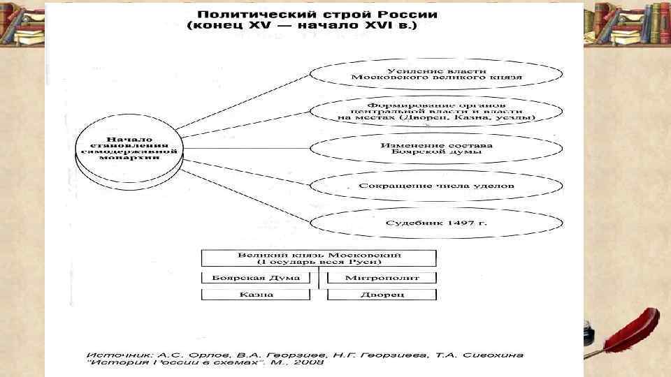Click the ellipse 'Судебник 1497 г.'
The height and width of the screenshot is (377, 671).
click(x=436, y=223)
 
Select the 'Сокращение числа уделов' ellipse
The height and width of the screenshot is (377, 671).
click(x=436, y=186)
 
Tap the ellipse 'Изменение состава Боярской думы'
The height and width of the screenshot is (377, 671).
click(x=436, y=149)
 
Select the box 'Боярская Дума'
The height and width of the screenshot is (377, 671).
click(x=255, y=277)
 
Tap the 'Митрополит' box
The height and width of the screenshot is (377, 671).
click(x=382, y=277)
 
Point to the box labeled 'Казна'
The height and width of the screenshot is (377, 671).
click(x=255, y=295)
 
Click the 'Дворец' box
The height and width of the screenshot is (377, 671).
click(x=382, y=295)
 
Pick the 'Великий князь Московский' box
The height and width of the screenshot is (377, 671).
click(x=319, y=258)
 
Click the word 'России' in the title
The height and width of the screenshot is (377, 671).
click(x=408, y=14)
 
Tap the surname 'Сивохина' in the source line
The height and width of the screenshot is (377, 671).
click(x=494, y=355)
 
